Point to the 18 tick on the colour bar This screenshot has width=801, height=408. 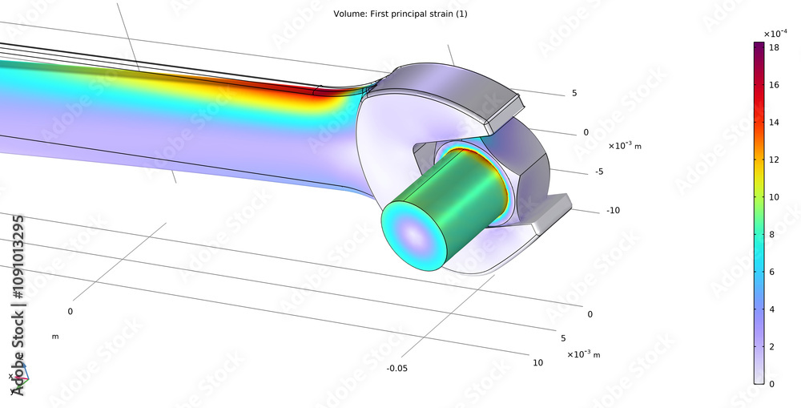tap(773, 48)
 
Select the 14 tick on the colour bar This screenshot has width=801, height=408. tap(773, 123)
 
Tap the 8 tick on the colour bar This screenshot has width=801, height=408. tap(773, 235)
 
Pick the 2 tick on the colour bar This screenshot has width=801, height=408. tap(773, 346)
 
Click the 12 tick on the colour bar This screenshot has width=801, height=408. tap(773, 160)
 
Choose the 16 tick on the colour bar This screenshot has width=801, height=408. tap(773, 86)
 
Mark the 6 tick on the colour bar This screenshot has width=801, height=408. tap(773, 272)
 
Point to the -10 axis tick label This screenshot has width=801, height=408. tap(613, 211)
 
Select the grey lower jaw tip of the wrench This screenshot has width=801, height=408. tap(553, 210)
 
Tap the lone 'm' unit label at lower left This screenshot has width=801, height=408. tap(55, 337)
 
